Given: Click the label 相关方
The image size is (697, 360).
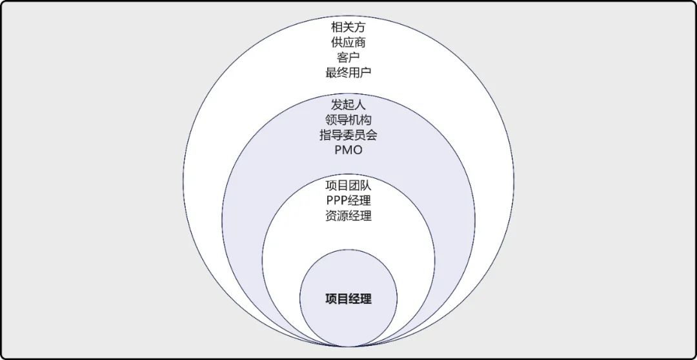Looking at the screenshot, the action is (348, 27).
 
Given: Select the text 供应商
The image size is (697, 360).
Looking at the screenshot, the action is (348, 42).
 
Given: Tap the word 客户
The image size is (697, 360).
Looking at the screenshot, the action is (348, 57).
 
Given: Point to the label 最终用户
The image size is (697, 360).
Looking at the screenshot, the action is (348, 72).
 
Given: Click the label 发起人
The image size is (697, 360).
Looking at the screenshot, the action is (348, 105).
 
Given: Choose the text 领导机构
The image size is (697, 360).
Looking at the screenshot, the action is (348, 120).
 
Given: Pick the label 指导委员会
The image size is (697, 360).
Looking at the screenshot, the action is (348, 135).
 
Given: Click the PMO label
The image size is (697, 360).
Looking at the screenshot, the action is (348, 150).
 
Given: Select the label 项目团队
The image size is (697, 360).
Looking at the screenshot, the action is (348, 186).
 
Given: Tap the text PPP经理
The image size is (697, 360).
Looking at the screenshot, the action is (348, 201).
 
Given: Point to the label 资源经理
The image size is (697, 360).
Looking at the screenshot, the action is (348, 215).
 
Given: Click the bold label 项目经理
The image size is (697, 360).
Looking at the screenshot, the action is (348, 299).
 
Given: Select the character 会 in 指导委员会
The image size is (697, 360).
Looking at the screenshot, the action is (371, 135).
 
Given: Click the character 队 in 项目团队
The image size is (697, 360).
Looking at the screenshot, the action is (366, 186).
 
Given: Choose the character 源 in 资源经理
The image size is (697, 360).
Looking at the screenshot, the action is (343, 215).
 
